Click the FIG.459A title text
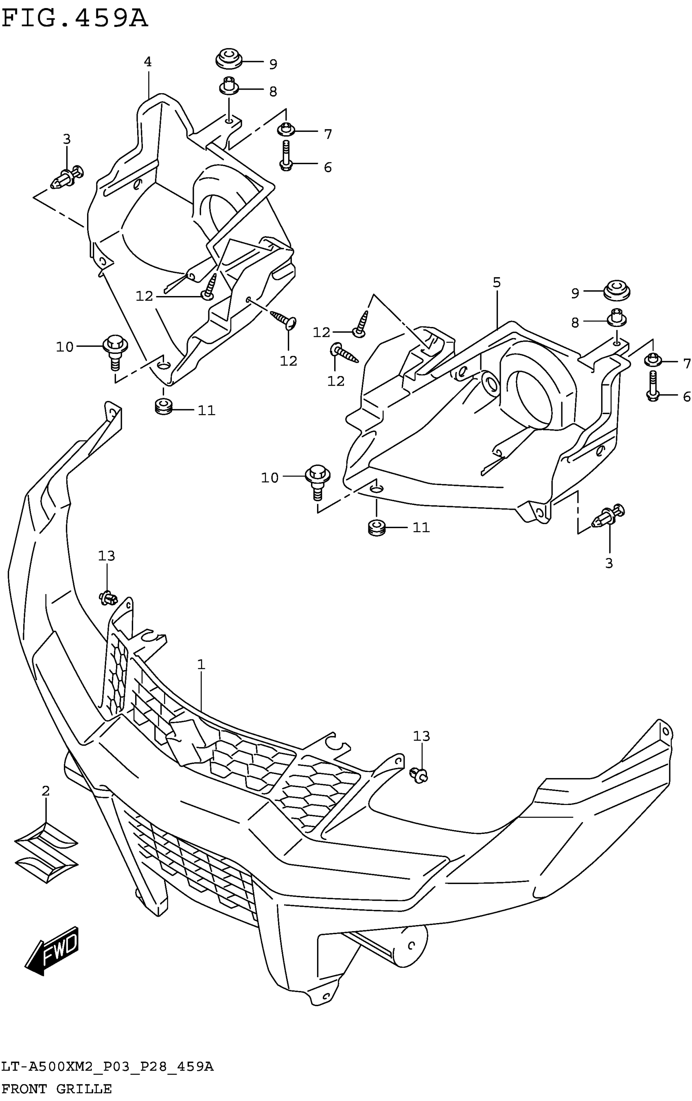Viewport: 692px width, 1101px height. tap(75, 19)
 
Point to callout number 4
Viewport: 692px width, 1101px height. tap(148, 62)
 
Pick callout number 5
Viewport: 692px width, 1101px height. tap(497, 283)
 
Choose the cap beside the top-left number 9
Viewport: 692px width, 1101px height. tap(228, 59)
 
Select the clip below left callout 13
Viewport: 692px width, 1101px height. tap(108, 597)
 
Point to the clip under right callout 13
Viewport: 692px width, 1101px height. tap(420, 774)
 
